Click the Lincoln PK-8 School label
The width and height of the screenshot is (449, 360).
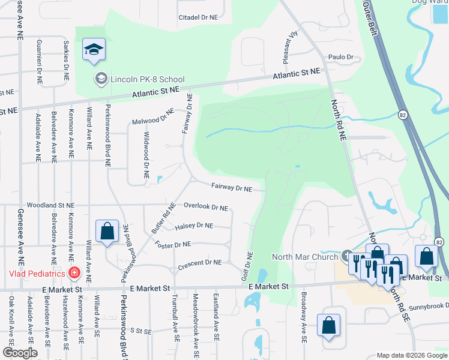147,79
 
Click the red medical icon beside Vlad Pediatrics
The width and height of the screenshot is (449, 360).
74,274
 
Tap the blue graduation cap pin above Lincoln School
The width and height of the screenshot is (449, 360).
94,50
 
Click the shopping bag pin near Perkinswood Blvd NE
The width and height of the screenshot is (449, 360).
107,231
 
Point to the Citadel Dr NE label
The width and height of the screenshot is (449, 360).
197,18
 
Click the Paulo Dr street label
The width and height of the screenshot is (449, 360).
340,57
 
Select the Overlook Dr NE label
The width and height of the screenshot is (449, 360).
205,206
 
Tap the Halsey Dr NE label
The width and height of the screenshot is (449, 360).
194,226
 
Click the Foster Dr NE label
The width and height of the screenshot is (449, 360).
172,245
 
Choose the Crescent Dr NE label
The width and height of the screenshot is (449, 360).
200,263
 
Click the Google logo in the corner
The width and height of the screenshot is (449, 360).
20,352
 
